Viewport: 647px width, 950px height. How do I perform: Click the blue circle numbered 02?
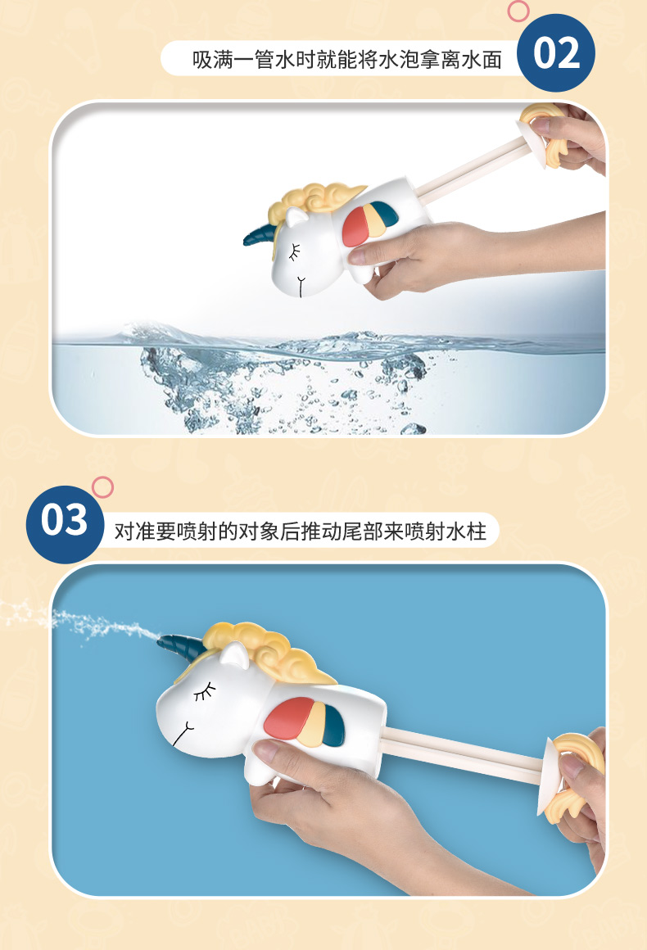tap(555, 53)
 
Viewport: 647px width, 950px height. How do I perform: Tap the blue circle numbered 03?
tap(65, 524)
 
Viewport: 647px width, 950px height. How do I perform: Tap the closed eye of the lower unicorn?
tap(205, 691)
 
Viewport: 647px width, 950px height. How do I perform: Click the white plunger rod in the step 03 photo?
tap(464, 753)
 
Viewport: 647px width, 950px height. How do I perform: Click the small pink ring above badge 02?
tap(518, 11)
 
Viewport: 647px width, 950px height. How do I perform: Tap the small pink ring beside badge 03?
tap(102, 487)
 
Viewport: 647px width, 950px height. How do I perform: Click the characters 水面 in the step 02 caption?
tap(482, 59)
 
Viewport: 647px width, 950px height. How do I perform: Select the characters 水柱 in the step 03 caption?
tap(466, 532)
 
